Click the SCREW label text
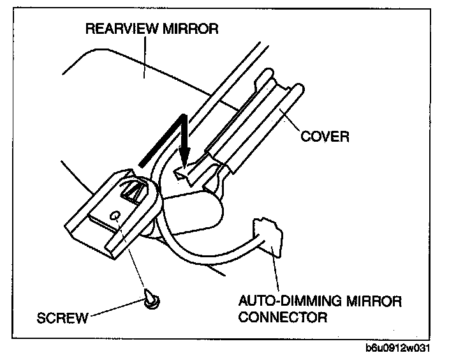(x=62, y=317)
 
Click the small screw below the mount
(x=152, y=298)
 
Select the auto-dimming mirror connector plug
(x=267, y=237)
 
